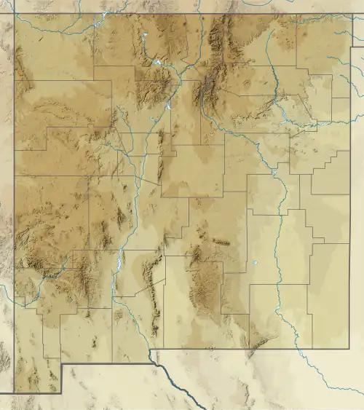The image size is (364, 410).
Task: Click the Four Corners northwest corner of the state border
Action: point(15,14)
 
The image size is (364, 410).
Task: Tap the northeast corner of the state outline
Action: point(350,14)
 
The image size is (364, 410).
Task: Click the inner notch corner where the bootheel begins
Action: point(61,363)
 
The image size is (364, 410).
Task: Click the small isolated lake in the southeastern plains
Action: point(256,264)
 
